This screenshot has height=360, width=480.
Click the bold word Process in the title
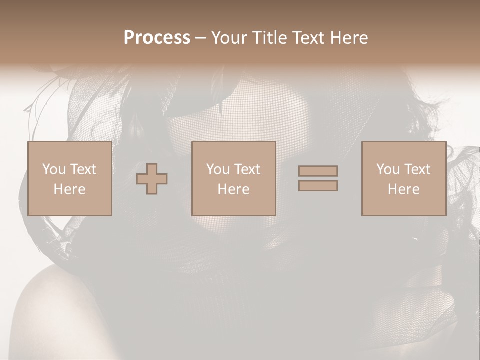(157, 38)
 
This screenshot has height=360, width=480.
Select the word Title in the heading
(270, 38)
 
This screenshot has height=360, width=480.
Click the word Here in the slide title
(349, 38)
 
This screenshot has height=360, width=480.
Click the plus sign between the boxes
(152, 179)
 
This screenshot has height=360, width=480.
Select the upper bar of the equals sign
(318, 171)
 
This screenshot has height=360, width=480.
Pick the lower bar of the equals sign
(318, 185)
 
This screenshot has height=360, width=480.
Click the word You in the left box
(54, 169)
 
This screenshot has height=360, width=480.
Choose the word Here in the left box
(69, 189)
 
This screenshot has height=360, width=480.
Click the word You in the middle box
(218, 169)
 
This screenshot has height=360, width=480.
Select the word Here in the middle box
(233, 189)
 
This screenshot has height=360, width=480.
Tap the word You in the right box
(388, 169)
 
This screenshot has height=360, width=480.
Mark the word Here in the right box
(403, 189)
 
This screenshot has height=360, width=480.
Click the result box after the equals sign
(404, 205)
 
